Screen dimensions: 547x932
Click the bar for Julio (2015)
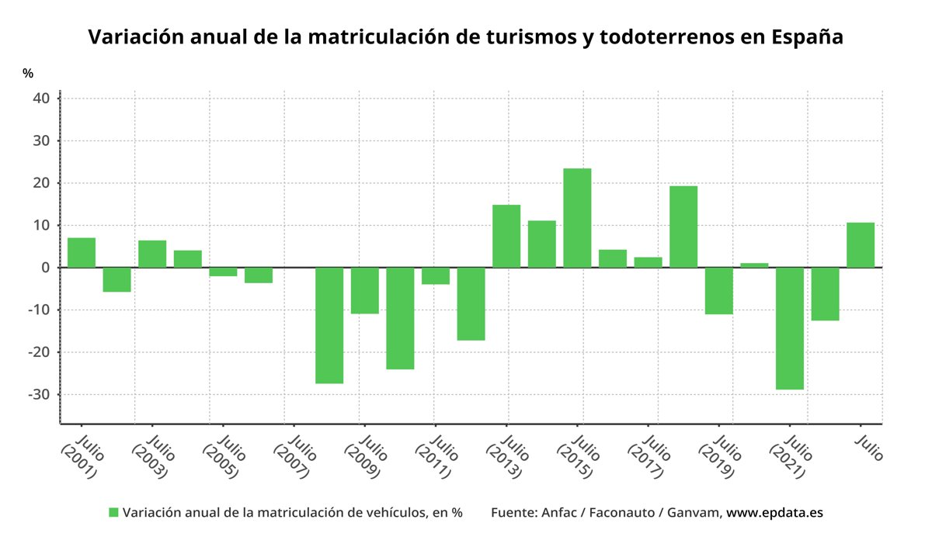577,218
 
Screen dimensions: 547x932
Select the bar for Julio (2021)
790,328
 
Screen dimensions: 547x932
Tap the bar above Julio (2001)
82,253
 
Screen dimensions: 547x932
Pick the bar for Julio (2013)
506,237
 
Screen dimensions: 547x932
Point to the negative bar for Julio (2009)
365,290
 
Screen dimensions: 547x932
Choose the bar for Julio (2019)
719,291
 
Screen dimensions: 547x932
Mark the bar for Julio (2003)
152,254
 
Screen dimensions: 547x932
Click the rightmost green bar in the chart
861,245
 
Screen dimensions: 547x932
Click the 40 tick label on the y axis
42,99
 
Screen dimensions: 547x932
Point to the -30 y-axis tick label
39,394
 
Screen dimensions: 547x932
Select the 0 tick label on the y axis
46,268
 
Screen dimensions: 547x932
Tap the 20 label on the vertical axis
42,183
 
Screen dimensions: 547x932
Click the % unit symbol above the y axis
28,74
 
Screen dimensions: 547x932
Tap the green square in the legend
113,513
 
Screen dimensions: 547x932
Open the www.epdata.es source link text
774,513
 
